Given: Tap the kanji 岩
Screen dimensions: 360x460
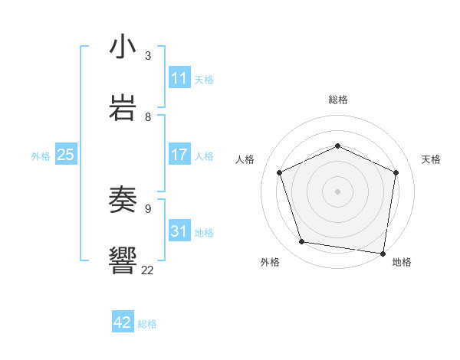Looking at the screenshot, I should tap(123, 106).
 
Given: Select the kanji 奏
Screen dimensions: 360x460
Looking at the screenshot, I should tap(123, 200).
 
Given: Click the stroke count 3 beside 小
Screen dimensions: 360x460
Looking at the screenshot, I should tap(148, 56).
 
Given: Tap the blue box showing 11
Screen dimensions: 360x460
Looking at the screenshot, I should tap(179, 78).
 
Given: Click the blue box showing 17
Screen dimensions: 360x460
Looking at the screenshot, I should tap(179, 155).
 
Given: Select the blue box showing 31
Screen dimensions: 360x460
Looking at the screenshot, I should tap(179, 231).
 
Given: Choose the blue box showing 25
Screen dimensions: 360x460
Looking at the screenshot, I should tap(66, 155).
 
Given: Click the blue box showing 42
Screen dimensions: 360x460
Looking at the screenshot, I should tap(123, 322).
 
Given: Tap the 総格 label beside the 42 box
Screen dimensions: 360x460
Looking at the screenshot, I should tap(147, 324).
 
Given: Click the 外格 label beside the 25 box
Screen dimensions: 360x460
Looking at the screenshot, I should tap(41, 156).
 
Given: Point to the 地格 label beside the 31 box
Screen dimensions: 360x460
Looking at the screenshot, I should tap(204, 232).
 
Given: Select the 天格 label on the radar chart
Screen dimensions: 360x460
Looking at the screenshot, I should tap(431, 159).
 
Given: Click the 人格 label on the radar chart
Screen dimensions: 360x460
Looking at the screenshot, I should tap(245, 159).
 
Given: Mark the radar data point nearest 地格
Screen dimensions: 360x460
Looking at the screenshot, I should tap(383, 253).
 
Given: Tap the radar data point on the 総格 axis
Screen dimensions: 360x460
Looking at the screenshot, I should tap(337, 145).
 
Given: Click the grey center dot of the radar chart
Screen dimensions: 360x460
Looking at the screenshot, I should tap(337, 191).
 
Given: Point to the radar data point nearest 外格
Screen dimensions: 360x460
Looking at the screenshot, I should tap(302, 242).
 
